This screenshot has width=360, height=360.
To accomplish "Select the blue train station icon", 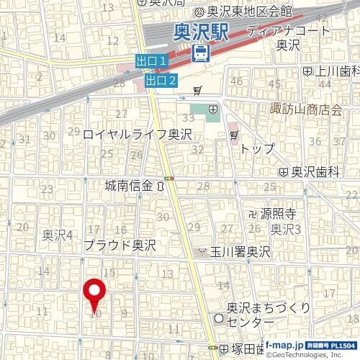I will tap(201, 52).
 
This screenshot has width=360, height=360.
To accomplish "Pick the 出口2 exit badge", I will tap(161, 80).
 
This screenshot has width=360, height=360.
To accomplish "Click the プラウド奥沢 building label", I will tap(120, 246).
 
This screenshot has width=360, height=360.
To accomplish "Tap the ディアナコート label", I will tap(289, 32).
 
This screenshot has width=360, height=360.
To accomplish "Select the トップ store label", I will tap(258, 148).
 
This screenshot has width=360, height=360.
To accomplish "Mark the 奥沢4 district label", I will tap(58, 234).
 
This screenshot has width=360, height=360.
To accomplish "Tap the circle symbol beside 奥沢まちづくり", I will tap(219, 319).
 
